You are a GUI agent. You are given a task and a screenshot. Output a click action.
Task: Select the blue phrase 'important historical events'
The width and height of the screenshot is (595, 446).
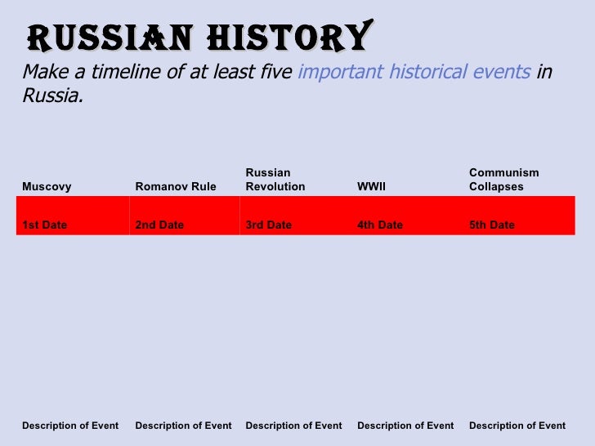click(414, 72)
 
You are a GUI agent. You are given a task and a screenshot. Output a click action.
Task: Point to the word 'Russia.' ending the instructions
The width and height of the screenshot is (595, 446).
click(52, 96)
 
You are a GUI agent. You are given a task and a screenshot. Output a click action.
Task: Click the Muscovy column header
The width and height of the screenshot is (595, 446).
click(47, 186)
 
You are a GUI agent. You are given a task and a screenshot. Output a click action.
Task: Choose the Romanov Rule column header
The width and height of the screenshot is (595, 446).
click(176, 186)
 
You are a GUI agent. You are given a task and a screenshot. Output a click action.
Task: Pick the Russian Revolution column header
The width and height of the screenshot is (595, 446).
click(275, 180)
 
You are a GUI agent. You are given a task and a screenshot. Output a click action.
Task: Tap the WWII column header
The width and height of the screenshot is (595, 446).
click(372, 186)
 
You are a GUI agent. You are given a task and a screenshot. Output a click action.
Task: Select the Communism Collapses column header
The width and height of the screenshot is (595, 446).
click(504, 180)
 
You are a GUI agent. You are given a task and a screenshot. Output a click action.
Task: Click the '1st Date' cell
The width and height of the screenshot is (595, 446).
click(45, 225)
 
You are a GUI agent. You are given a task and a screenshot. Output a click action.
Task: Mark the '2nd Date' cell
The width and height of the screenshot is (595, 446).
click(159, 225)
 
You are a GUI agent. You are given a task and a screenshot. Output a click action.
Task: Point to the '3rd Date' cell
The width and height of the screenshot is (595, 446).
click(268, 225)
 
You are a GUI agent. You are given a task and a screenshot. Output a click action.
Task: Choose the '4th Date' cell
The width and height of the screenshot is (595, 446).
click(380, 225)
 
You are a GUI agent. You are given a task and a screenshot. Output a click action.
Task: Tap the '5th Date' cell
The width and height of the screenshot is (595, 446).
click(492, 225)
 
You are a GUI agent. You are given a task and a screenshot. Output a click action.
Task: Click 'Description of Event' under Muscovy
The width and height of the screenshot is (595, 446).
click(70, 426)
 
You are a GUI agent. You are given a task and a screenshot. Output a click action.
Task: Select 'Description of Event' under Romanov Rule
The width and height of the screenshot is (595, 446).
click(183, 426)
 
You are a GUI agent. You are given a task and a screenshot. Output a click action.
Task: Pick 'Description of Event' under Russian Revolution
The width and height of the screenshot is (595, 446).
click(293, 426)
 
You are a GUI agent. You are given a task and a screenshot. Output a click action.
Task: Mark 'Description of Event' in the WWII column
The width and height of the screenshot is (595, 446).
click(405, 426)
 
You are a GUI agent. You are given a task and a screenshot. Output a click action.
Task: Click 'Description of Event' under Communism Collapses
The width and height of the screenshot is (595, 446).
click(517, 426)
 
